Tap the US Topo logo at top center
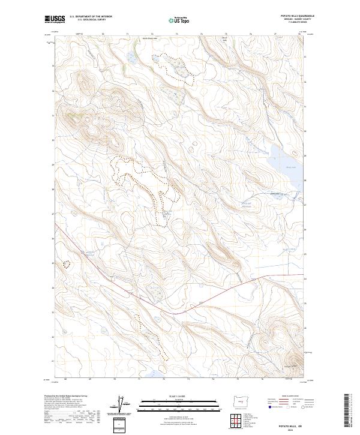(x=180, y=20)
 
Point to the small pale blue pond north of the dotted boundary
(x=131, y=58)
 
